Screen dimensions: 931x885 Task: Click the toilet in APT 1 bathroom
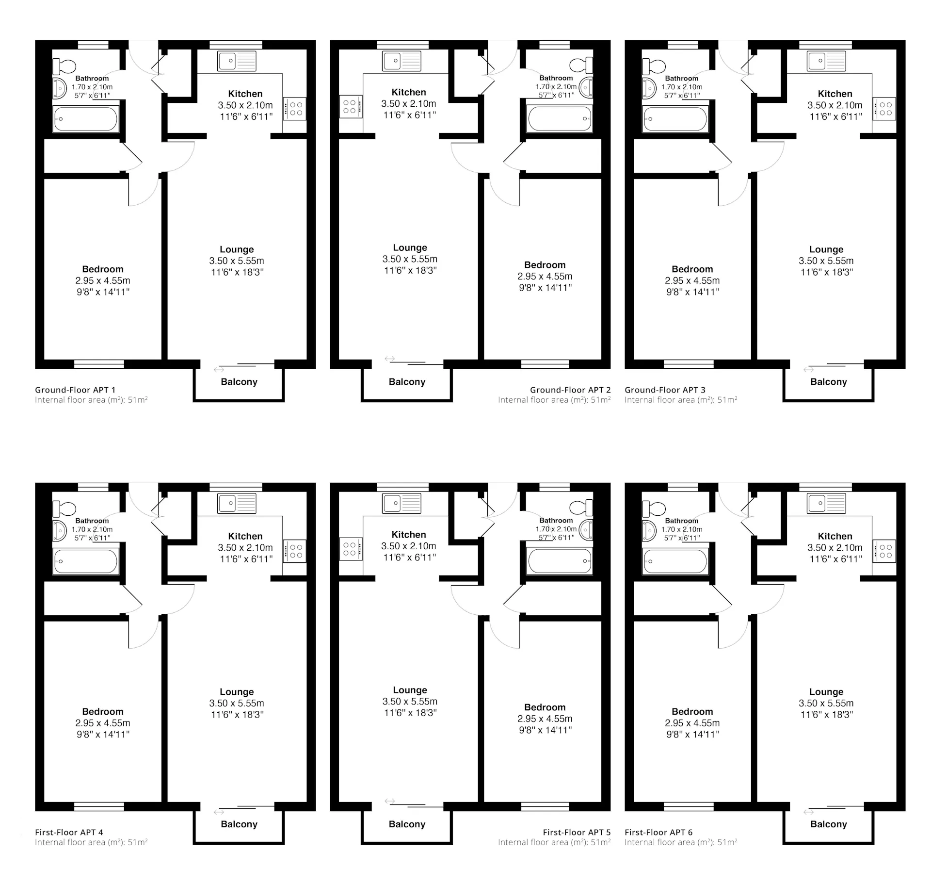pos(64,66)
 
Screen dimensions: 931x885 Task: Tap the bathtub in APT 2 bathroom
pos(560,118)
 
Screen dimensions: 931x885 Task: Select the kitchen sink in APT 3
pos(826,61)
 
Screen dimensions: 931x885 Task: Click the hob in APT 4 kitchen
pos(295,551)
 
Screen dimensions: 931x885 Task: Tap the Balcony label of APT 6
pos(828,824)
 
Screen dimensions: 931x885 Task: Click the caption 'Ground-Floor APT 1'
pos(75,390)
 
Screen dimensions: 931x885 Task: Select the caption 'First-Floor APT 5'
pos(577,832)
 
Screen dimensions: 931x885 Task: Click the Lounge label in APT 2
pos(410,247)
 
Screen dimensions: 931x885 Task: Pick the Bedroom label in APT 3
pos(692,269)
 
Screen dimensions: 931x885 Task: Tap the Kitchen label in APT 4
pos(245,536)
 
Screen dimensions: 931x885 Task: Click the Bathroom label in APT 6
pos(681,521)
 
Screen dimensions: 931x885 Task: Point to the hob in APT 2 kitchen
pos(351,106)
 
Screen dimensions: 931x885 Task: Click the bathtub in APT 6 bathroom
pos(675,562)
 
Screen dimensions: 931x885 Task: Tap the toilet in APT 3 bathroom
pos(654,66)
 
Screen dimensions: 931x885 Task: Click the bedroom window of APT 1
pos(99,364)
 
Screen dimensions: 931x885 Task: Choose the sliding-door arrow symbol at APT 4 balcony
pos(219,812)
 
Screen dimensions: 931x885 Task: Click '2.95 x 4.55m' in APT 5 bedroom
pos(545,719)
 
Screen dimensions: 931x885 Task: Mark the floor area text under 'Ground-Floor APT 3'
pos(681,400)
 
